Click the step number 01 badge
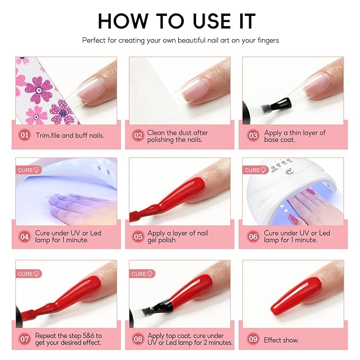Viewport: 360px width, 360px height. tap(24, 135)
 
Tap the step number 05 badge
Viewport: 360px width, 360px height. tap(138, 236)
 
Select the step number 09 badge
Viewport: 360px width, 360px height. tap(253, 339)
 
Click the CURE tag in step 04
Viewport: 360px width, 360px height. tap(29, 170)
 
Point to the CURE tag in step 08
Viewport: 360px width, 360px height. tap(142, 274)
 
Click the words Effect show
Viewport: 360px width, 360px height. tap(281, 340)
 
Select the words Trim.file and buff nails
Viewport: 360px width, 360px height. tap(70, 135)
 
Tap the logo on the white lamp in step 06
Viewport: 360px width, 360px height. tap(289, 172)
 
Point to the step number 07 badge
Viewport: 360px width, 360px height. tap(24, 339)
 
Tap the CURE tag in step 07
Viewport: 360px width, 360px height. tap(29, 274)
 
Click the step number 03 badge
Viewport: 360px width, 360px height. tap(253, 135)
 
